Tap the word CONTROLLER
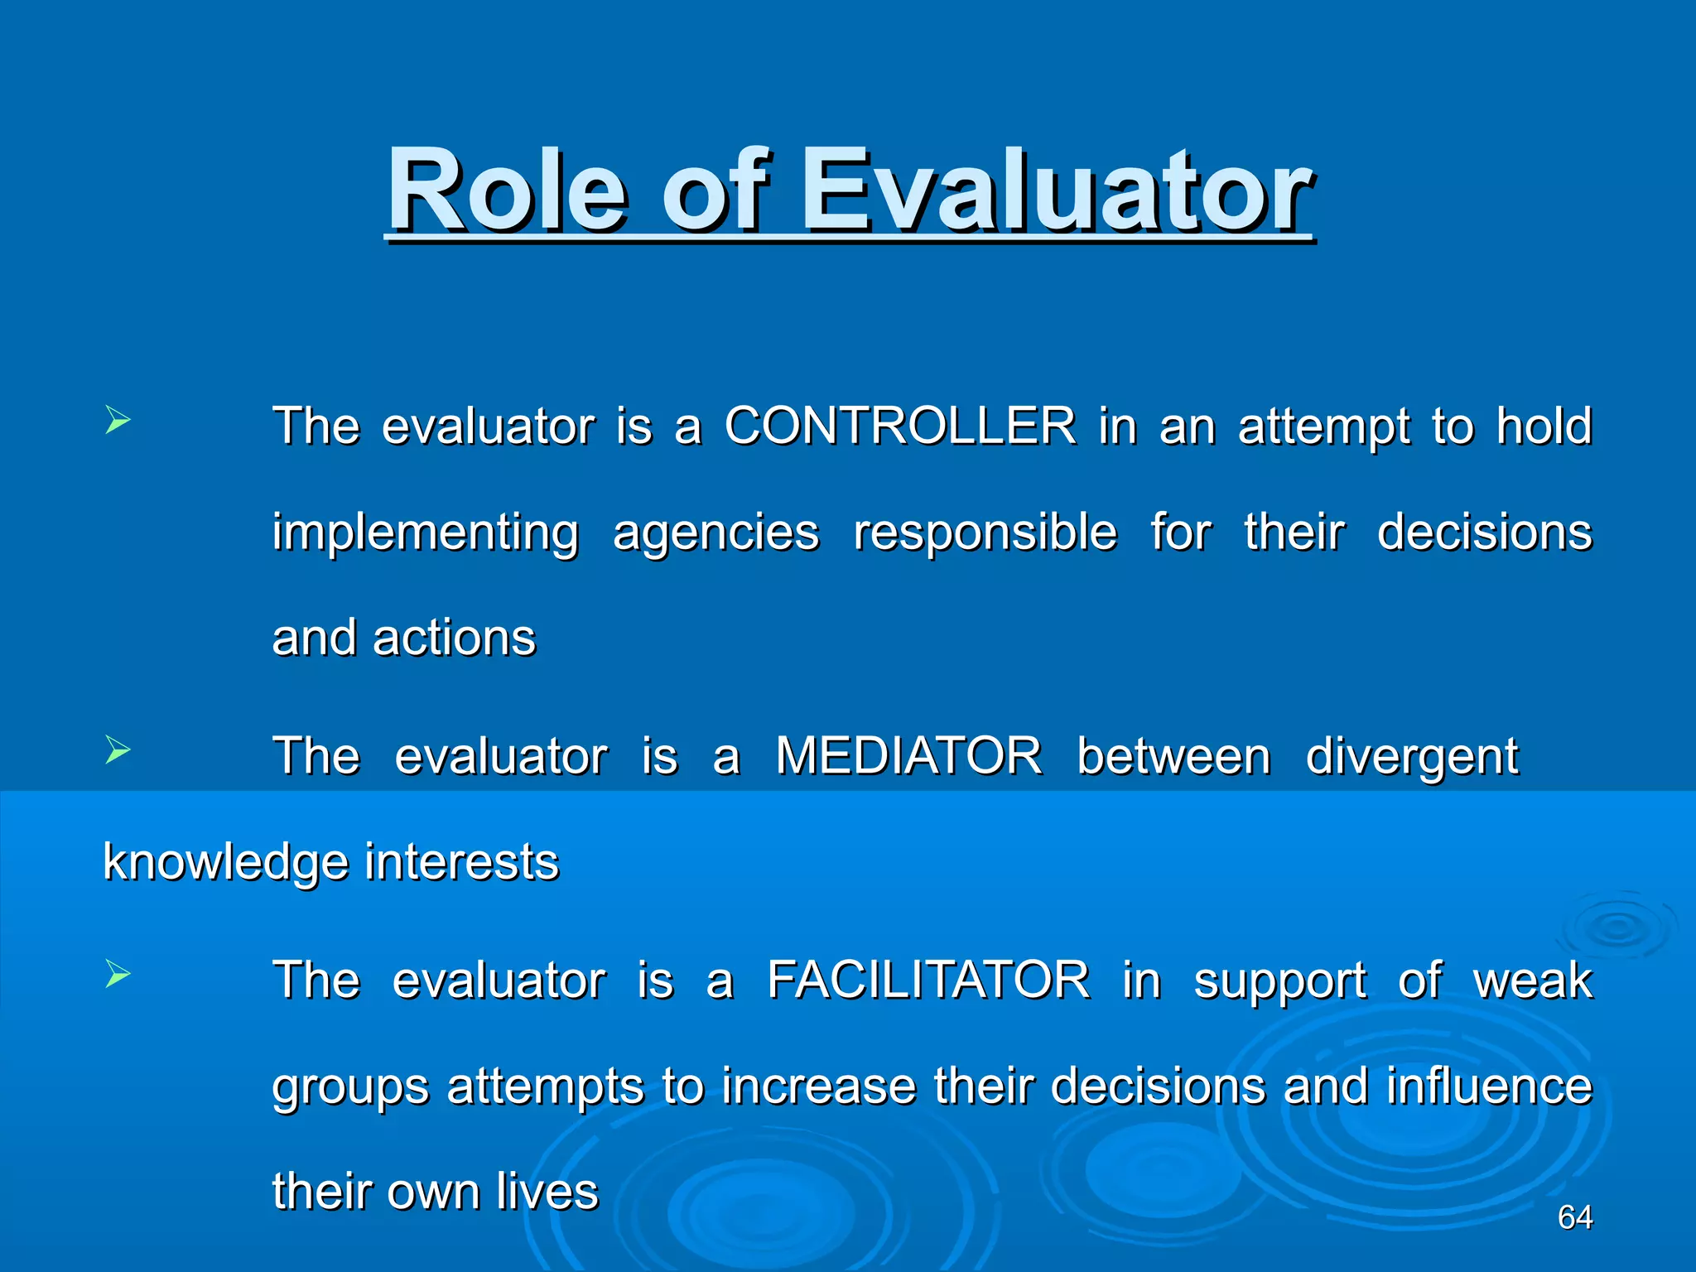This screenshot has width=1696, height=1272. (899, 426)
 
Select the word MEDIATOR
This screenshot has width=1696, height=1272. (908, 756)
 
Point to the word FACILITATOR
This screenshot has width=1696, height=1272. (927, 980)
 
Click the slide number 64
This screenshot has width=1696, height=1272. (1574, 1217)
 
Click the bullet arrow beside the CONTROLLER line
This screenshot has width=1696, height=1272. (118, 421)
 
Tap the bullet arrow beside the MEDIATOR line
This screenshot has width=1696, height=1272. (118, 750)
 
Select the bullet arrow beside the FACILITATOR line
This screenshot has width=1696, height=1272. (118, 975)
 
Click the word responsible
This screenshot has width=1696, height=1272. (985, 532)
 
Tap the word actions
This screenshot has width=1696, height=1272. (454, 638)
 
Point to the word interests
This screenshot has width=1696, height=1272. (461, 863)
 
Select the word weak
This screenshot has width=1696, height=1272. (1532, 980)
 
